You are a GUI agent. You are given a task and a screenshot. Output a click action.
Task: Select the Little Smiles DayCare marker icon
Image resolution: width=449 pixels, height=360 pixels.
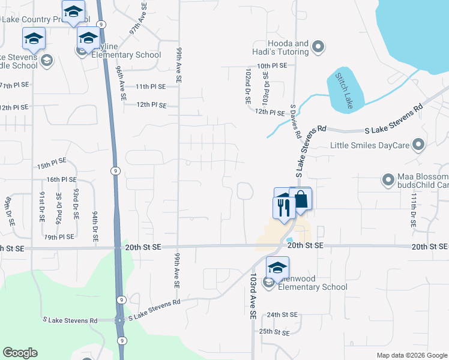click(x=419, y=145)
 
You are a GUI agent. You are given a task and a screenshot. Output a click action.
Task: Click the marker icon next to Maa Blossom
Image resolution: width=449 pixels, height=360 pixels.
click(x=388, y=179)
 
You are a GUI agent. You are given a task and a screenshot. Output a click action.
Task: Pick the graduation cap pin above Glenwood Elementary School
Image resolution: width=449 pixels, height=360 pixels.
click(x=278, y=268)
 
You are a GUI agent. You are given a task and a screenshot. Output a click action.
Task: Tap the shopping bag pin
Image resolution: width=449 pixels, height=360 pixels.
click(x=301, y=200)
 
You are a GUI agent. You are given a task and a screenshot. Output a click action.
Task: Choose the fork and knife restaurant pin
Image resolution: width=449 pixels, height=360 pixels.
click(x=283, y=208)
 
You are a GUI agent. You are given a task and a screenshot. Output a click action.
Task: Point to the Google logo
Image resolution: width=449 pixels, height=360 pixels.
click(x=20, y=353)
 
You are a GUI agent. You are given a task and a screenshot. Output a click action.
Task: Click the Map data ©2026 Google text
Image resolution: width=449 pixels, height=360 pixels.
click(x=411, y=355)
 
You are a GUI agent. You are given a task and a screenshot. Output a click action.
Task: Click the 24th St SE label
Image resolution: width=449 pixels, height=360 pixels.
click(x=283, y=314)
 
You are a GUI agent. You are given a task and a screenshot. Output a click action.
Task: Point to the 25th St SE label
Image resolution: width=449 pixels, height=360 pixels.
click(x=274, y=331)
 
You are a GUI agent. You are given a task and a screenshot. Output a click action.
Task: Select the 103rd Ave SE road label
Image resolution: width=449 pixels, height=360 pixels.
click(x=253, y=296)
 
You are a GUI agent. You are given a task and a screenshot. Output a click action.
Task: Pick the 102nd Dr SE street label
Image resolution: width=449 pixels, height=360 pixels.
click(x=248, y=86)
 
